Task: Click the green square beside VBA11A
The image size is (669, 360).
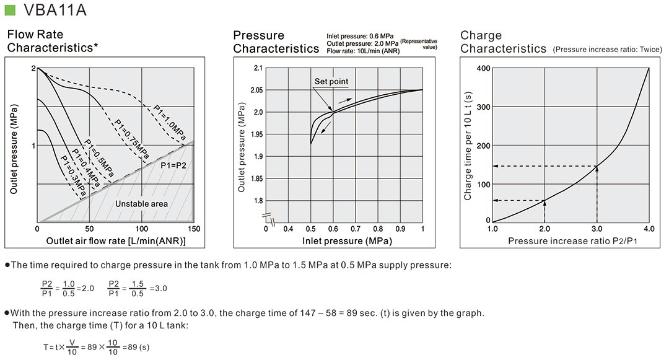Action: (10, 10)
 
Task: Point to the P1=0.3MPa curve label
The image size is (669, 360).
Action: (72, 175)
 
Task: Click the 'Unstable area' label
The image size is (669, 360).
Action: (142, 203)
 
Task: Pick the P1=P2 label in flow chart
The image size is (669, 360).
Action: (173, 166)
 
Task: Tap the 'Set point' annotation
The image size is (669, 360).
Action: (331, 81)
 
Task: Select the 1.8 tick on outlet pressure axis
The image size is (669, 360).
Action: (256, 201)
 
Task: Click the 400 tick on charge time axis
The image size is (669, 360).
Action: (483, 68)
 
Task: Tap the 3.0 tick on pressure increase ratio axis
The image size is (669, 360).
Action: (597, 229)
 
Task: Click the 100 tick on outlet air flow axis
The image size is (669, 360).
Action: (142, 229)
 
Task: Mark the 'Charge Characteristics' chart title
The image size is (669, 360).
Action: (503, 42)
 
